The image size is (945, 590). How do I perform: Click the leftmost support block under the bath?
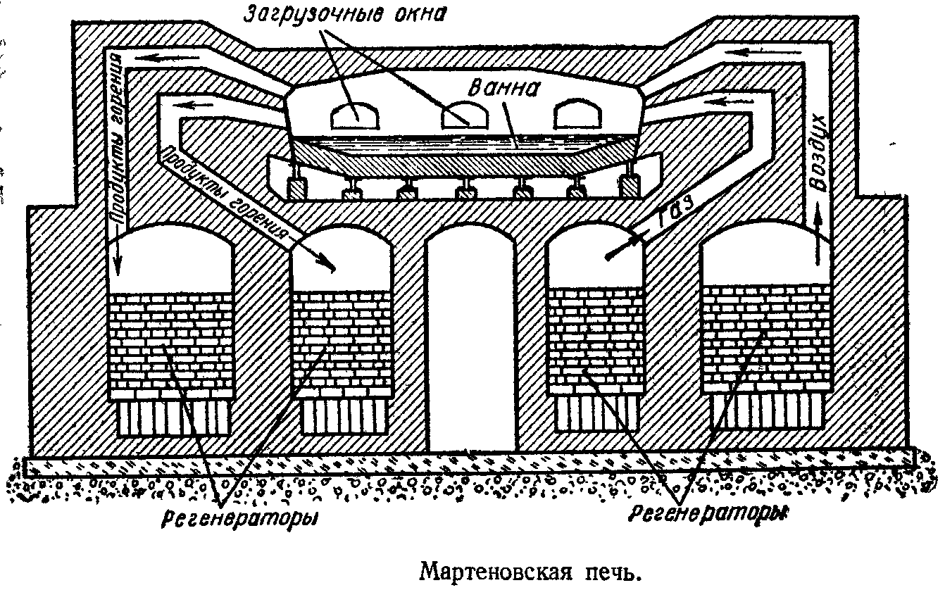[295, 187]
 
